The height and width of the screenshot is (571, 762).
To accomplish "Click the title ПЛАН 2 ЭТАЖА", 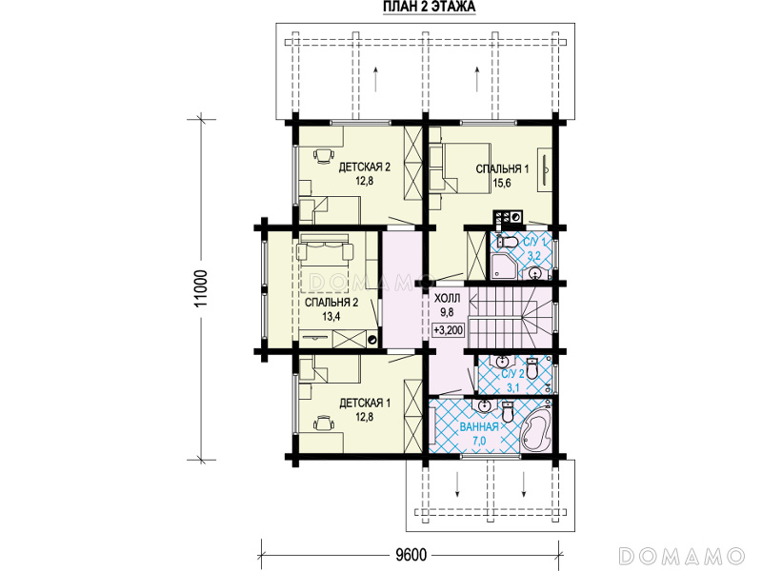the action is coord(430,7).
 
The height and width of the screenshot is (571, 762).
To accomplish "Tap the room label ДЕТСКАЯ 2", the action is coord(365,167).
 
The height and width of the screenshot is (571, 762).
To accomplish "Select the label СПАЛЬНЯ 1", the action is coord(502,169).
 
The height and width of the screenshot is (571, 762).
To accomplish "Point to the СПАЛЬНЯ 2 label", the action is coord(331,303).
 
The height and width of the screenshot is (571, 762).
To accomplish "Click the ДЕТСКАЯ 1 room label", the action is coord(365,403).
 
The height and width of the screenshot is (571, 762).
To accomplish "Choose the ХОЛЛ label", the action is coord(447,298).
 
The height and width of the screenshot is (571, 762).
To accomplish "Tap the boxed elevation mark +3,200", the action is coord(449,330).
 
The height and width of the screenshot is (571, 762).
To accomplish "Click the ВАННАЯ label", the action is coord(479,426).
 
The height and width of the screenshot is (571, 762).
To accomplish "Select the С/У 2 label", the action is coord(513,374).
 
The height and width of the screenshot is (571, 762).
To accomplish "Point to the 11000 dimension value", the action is coord(201,288).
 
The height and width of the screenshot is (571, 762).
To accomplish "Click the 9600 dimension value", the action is coord(411,555).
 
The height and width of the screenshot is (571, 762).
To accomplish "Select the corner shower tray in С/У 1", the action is coord(500,268).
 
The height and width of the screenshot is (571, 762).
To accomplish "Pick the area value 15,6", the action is coord(502,183).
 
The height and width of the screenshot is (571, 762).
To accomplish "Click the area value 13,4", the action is coord(331,317).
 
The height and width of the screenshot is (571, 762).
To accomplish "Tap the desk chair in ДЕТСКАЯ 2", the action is coord(324,156).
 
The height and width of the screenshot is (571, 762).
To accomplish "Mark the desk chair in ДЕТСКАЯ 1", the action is coord(324,423).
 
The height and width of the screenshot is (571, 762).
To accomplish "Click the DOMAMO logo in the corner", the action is coord(681,556).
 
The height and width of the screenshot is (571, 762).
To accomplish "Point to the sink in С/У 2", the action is coord(502,362).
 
